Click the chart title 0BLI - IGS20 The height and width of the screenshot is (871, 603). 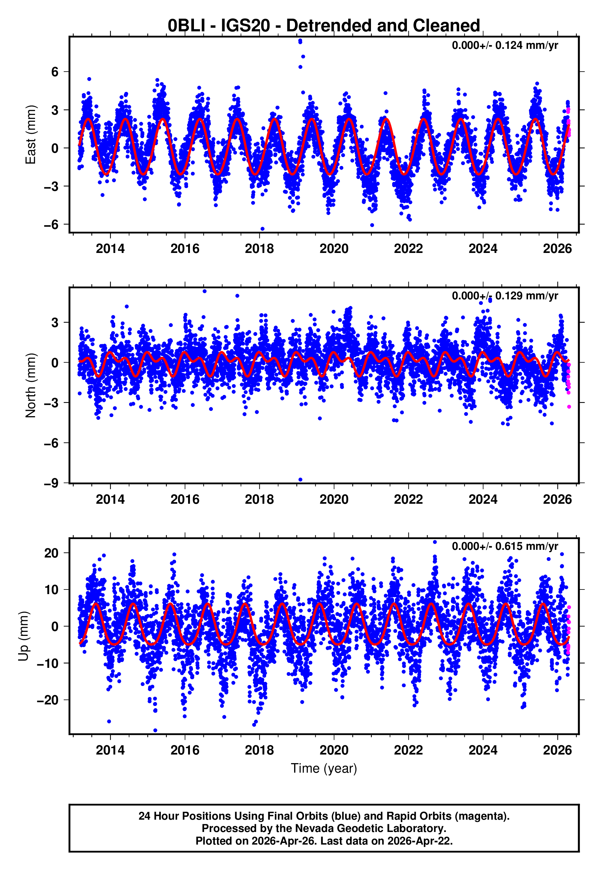click(324, 26)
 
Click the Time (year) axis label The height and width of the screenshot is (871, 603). click(324, 768)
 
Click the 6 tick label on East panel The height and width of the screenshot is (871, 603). click(55, 72)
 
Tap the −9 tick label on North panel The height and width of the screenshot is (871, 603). click(51, 483)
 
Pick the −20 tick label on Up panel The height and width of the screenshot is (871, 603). click(48, 700)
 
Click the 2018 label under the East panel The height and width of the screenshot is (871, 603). click(259, 249)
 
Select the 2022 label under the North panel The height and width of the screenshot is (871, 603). click(408, 499)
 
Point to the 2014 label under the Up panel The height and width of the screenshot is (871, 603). click(110, 750)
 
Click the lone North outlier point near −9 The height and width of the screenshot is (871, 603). click(300, 480)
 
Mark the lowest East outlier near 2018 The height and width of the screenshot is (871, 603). click(262, 229)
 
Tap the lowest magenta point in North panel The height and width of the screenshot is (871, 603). click(569, 407)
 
